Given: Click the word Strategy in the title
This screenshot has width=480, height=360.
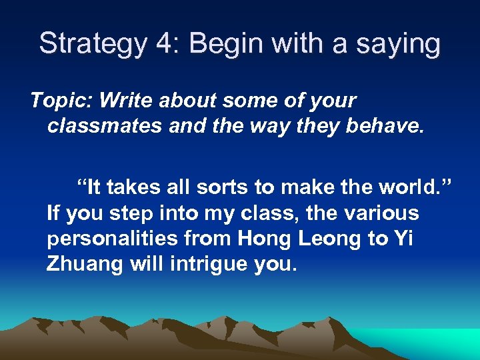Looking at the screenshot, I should click(91, 44).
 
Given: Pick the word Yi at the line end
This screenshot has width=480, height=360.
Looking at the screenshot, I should click(401, 238).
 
